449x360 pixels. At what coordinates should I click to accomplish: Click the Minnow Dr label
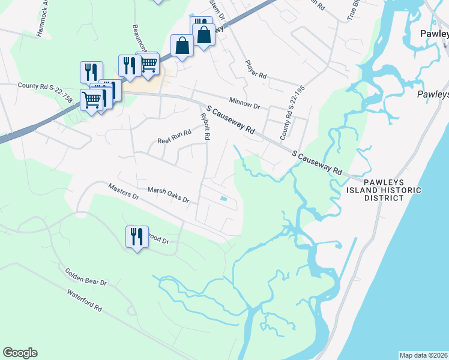coord(244,103)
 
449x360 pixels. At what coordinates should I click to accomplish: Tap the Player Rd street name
coord(255,69)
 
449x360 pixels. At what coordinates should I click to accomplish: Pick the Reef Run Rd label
coord(170,139)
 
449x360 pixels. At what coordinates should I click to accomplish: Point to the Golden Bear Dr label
coord(86,277)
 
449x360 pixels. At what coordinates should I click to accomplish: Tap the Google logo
coord(20,353)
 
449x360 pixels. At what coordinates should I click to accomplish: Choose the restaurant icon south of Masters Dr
coord(137,237)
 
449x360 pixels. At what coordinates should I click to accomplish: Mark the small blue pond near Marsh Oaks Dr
coord(223,199)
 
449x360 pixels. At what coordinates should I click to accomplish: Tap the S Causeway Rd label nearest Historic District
coord(317,163)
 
